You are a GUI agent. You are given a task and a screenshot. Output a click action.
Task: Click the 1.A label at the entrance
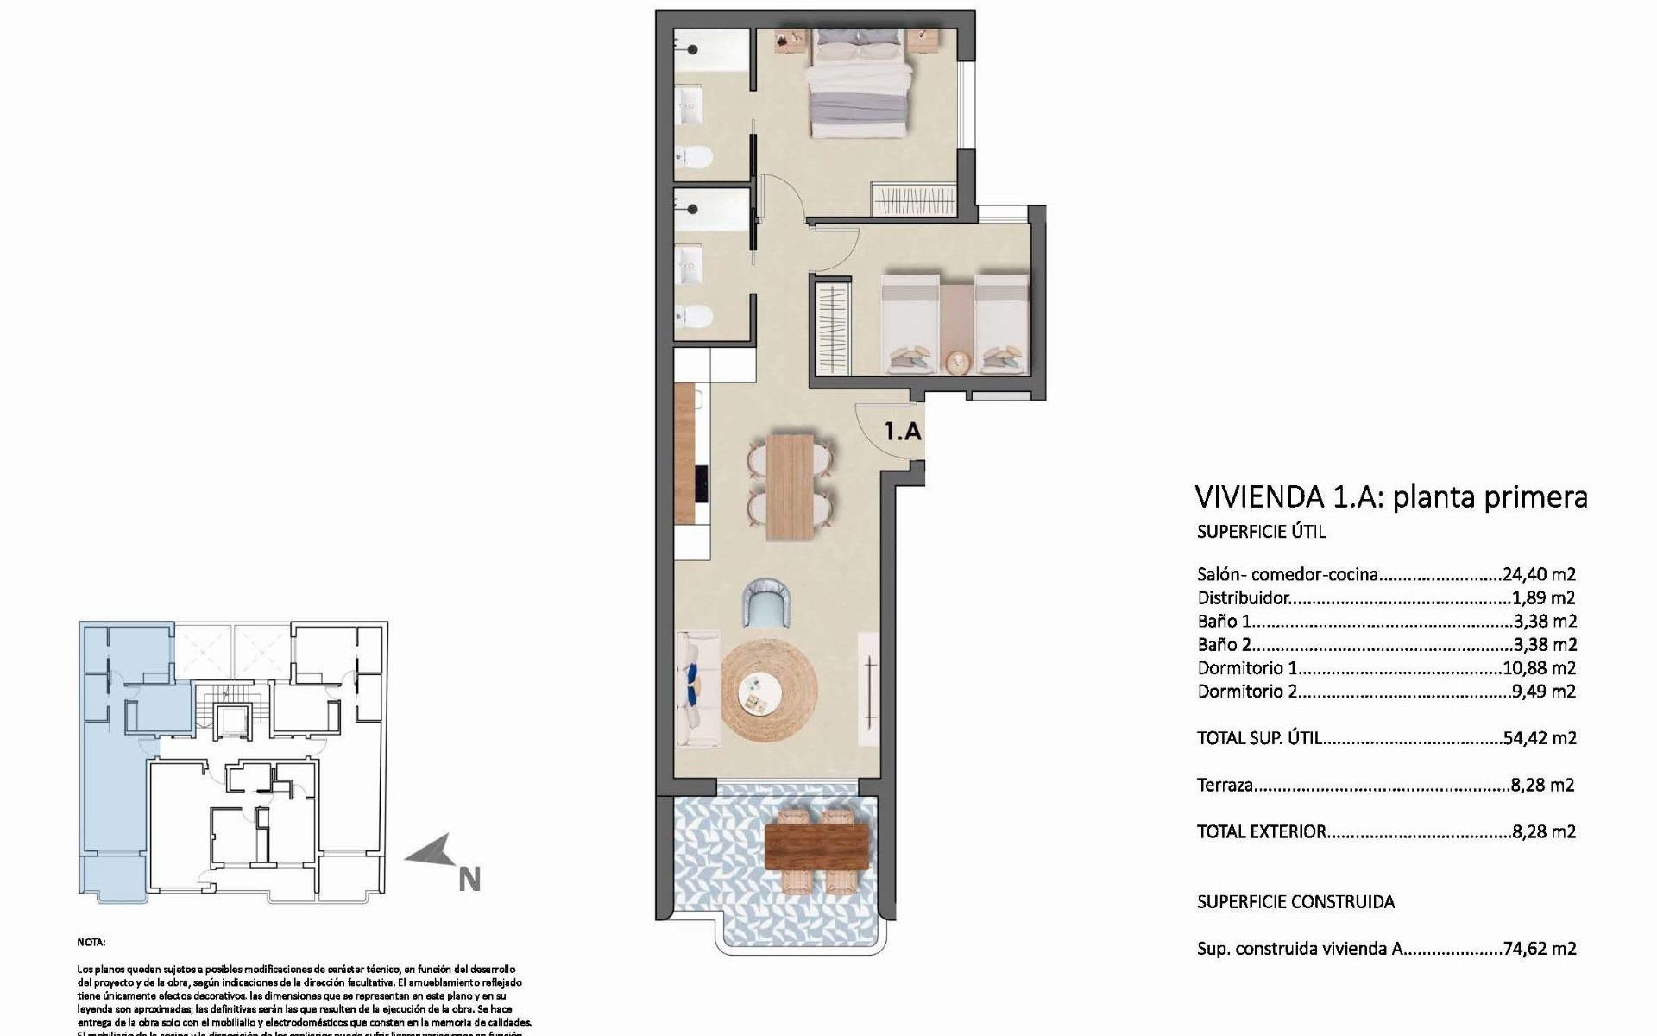click(903, 431)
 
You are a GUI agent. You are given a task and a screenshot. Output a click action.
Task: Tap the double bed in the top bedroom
click(860, 82)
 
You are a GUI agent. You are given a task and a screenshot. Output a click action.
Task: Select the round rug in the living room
click(768, 691)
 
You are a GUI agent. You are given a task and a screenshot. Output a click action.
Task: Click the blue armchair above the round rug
click(766, 603)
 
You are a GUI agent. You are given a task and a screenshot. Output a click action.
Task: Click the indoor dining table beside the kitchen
click(791, 486)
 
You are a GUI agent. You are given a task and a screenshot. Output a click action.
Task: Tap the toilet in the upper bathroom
click(693, 157)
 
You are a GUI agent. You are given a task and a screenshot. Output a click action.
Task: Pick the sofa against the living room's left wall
click(697, 688)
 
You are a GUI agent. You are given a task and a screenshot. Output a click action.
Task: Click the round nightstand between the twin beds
click(955, 361)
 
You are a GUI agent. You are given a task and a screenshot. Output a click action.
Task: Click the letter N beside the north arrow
click(469, 880)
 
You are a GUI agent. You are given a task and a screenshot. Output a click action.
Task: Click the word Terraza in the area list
click(1225, 786)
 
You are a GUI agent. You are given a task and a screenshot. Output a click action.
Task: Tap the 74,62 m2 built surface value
click(1540, 949)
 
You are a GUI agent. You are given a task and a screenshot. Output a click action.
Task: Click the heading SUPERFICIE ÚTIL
click(1249, 532)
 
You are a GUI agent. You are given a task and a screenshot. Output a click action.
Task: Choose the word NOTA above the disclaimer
click(91, 943)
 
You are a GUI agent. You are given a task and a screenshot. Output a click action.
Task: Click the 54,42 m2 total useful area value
click(1540, 738)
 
